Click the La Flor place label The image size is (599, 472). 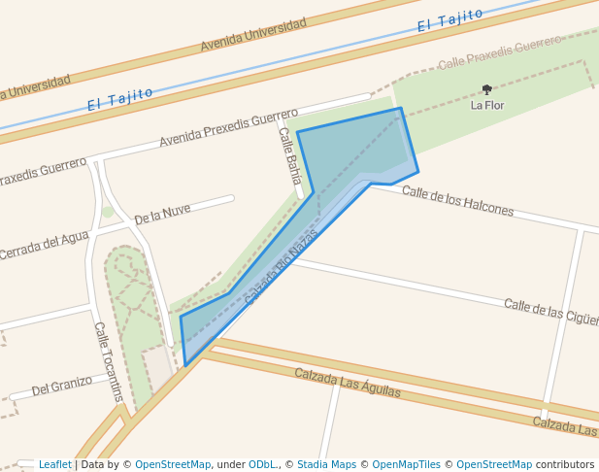tap(487, 105)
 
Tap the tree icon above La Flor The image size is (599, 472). tap(487, 89)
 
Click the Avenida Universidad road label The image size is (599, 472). tap(253, 34)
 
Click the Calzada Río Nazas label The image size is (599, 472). tap(282, 266)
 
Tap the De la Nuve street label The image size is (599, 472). tap(162, 213)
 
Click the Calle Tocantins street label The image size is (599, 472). tap(109, 361)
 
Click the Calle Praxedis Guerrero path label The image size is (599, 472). tap(500, 52)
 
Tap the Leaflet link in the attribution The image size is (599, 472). tap(55, 464)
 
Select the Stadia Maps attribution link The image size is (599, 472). tap(326, 464)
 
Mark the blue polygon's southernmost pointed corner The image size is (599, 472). tap(185, 366)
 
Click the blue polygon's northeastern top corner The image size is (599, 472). tap(399, 109)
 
